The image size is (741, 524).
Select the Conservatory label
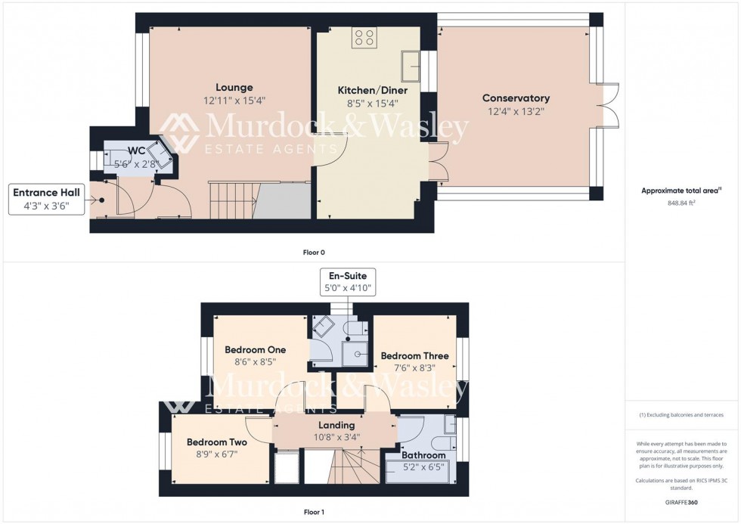[x=516, y=98]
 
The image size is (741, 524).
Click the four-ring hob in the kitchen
[x=364, y=38]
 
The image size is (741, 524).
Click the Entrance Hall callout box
[x=46, y=200]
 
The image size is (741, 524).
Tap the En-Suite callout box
[x=347, y=283]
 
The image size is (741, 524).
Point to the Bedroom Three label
[x=414, y=355]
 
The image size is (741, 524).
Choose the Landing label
[x=336, y=425]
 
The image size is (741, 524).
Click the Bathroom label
[x=423, y=455]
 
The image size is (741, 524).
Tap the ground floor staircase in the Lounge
[x=230, y=198]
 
